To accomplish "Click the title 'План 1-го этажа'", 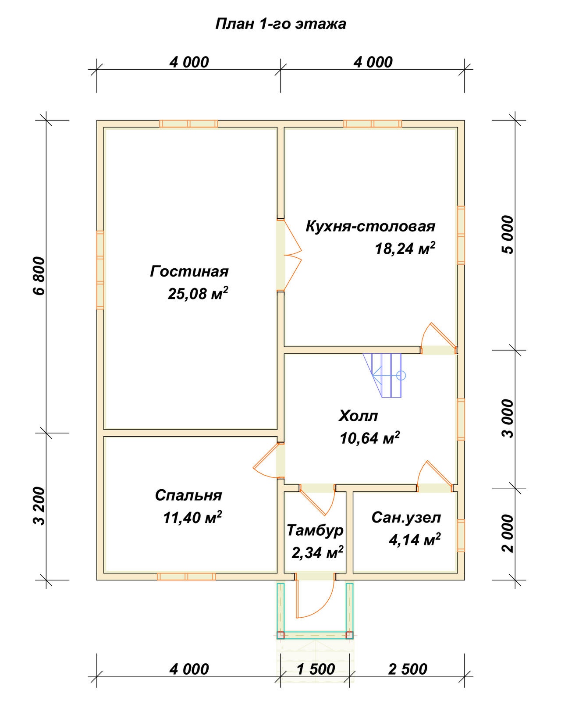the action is click(280, 24).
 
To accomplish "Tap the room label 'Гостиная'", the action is click(189, 271).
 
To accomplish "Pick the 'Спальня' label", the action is click(188, 495).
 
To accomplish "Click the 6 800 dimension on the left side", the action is click(39, 276).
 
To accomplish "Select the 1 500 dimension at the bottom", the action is click(316, 669).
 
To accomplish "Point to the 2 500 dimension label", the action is click(408, 669).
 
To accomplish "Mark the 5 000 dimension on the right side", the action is click(508, 235).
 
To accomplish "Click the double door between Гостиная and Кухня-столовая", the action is click(289, 255).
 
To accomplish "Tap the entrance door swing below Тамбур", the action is click(314, 598).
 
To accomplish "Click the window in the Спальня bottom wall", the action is click(186, 576).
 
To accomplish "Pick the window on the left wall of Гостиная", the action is click(100, 270).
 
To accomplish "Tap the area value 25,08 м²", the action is click(198, 293).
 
